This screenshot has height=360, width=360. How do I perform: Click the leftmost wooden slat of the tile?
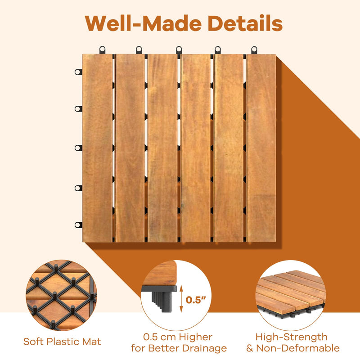pos(97,148)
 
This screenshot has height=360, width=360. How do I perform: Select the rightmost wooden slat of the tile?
pos(261,148)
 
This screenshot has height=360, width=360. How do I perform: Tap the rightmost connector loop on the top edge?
pos(254,49)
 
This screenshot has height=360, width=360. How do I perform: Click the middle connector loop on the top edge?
pos(179,49)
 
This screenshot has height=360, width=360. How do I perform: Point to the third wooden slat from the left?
pos(162,148)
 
